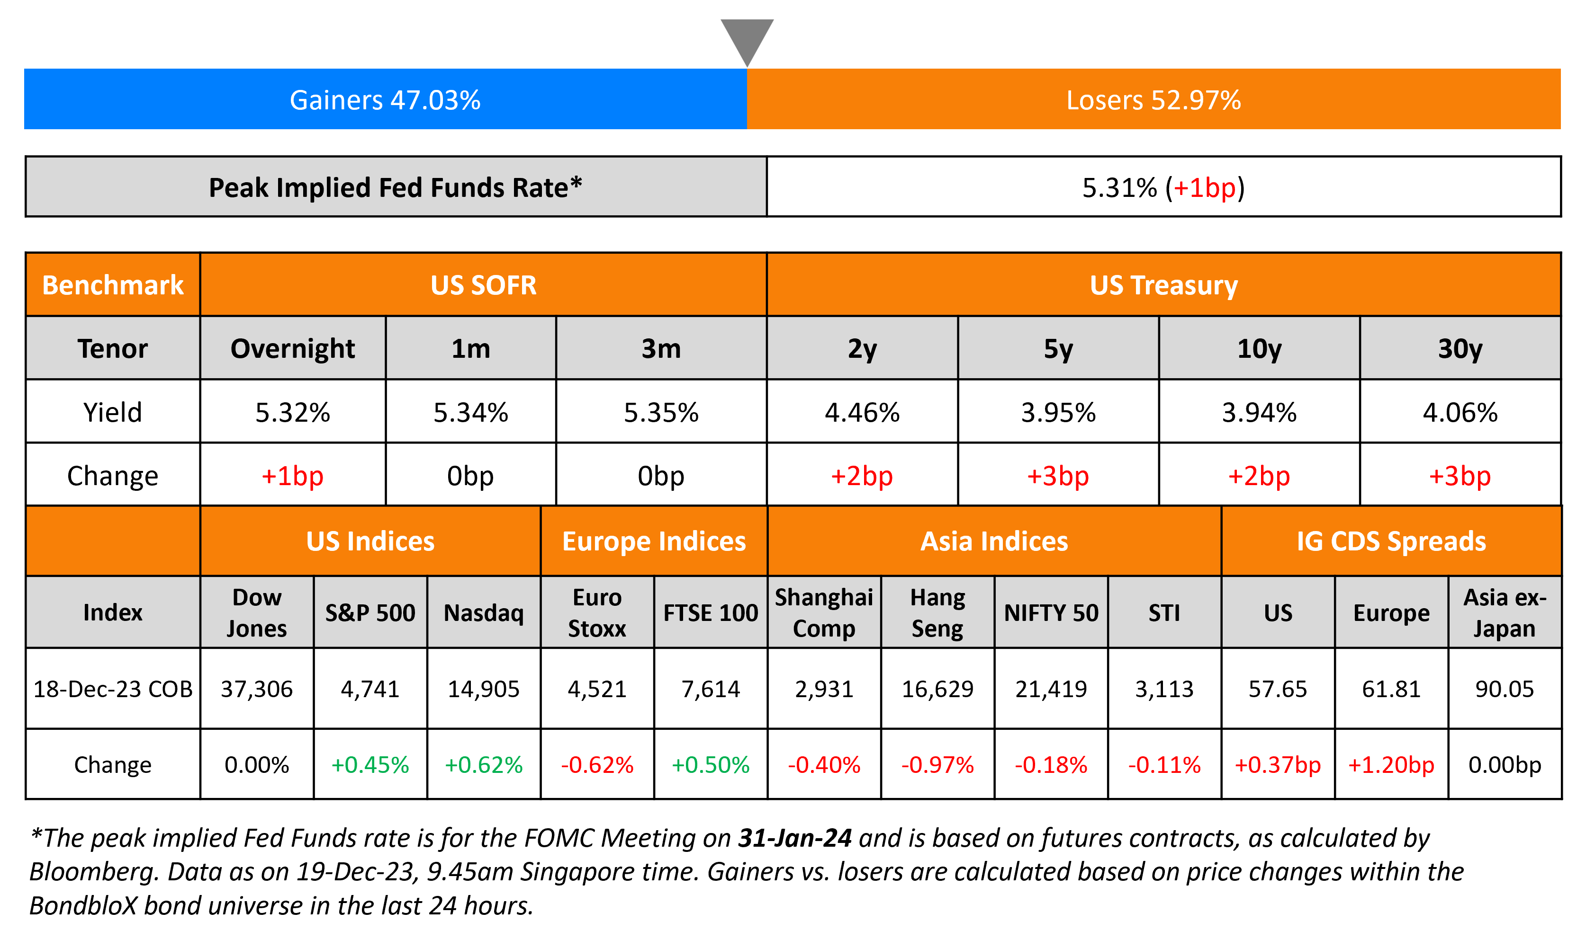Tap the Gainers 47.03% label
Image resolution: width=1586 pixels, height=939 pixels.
pyautogui.click(x=385, y=100)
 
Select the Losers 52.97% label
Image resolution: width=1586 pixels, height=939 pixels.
pyautogui.click(x=1153, y=100)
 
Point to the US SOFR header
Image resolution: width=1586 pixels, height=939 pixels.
pyautogui.click(x=483, y=285)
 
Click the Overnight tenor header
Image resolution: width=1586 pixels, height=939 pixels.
pyautogui.click(x=292, y=349)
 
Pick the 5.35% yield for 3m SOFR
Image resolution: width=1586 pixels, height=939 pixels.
pyautogui.click(x=661, y=413)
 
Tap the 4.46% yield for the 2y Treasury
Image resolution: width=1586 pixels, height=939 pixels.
pyautogui.click(x=862, y=413)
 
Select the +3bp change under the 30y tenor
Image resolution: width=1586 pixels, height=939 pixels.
pyautogui.click(x=1460, y=476)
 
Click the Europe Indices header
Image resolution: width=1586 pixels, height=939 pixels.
pyautogui.click(x=654, y=541)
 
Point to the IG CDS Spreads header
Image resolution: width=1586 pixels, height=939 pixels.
pyautogui.click(x=1391, y=541)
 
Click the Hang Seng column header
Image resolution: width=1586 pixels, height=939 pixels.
pyautogui.click(x=937, y=612)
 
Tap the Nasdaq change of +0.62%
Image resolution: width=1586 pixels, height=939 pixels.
pyautogui.click(x=484, y=765)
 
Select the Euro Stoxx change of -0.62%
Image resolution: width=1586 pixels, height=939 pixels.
pyautogui.click(x=597, y=765)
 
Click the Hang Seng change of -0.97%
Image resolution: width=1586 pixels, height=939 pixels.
pyautogui.click(x=937, y=765)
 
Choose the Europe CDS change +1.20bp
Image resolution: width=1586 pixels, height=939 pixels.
pyautogui.click(x=1391, y=765)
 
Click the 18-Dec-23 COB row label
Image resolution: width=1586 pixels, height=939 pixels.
pyautogui.click(x=113, y=689)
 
